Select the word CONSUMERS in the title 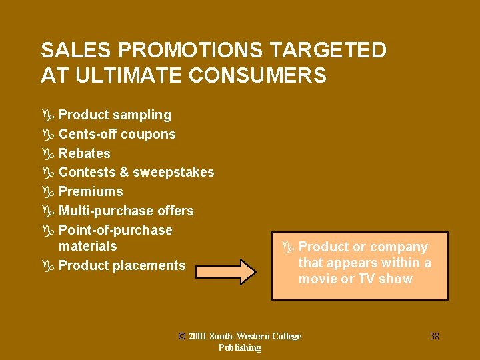click(x=258, y=75)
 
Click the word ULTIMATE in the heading click(x=129, y=75)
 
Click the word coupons click(x=148, y=134)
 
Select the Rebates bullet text click(x=85, y=153)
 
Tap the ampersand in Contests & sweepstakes click(x=123, y=173)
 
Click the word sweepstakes click(x=173, y=173)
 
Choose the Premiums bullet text click(x=91, y=192)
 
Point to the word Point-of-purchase click(x=115, y=231)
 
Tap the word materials click(x=87, y=247)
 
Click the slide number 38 click(x=434, y=336)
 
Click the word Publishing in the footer click(x=239, y=347)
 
